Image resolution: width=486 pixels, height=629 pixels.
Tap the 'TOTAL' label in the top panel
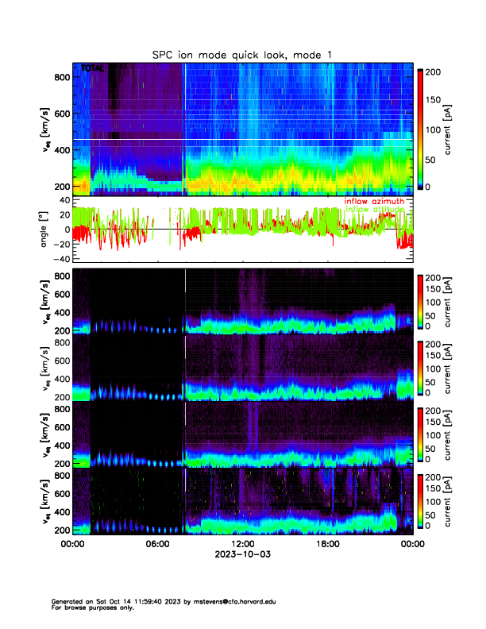(92, 69)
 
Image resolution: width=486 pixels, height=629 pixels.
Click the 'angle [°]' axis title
(45, 230)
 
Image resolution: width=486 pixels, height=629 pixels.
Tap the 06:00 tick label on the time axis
(158, 544)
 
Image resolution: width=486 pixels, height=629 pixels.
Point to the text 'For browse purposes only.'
(89, 608)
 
